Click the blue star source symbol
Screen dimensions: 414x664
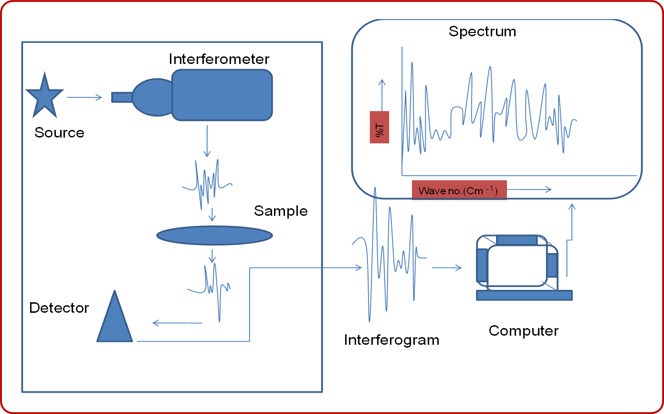coord(44,97)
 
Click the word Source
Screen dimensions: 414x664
coord(59,132)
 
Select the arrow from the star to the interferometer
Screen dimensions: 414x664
coord(84,97)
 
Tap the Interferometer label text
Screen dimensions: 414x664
coord(219,59)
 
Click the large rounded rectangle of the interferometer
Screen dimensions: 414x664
coord(222,95)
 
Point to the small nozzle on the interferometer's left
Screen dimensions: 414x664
coord(121,97)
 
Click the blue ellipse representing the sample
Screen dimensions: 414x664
coord(214,235)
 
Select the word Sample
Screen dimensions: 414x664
coord(281,211)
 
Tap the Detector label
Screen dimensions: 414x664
coord(59,308)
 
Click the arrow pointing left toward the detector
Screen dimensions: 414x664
coord(177,323)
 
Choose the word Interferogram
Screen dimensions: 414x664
coord(391,340)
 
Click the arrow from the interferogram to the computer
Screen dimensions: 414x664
coord(447,268)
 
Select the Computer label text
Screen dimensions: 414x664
coord(524,330)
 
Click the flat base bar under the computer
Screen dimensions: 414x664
coord(524,295)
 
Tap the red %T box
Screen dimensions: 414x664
coord(379,127)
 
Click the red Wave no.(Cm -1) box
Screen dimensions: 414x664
coord(459,190)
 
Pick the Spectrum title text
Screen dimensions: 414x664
coord(482,32)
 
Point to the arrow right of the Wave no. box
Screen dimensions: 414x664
coord(529,190)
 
